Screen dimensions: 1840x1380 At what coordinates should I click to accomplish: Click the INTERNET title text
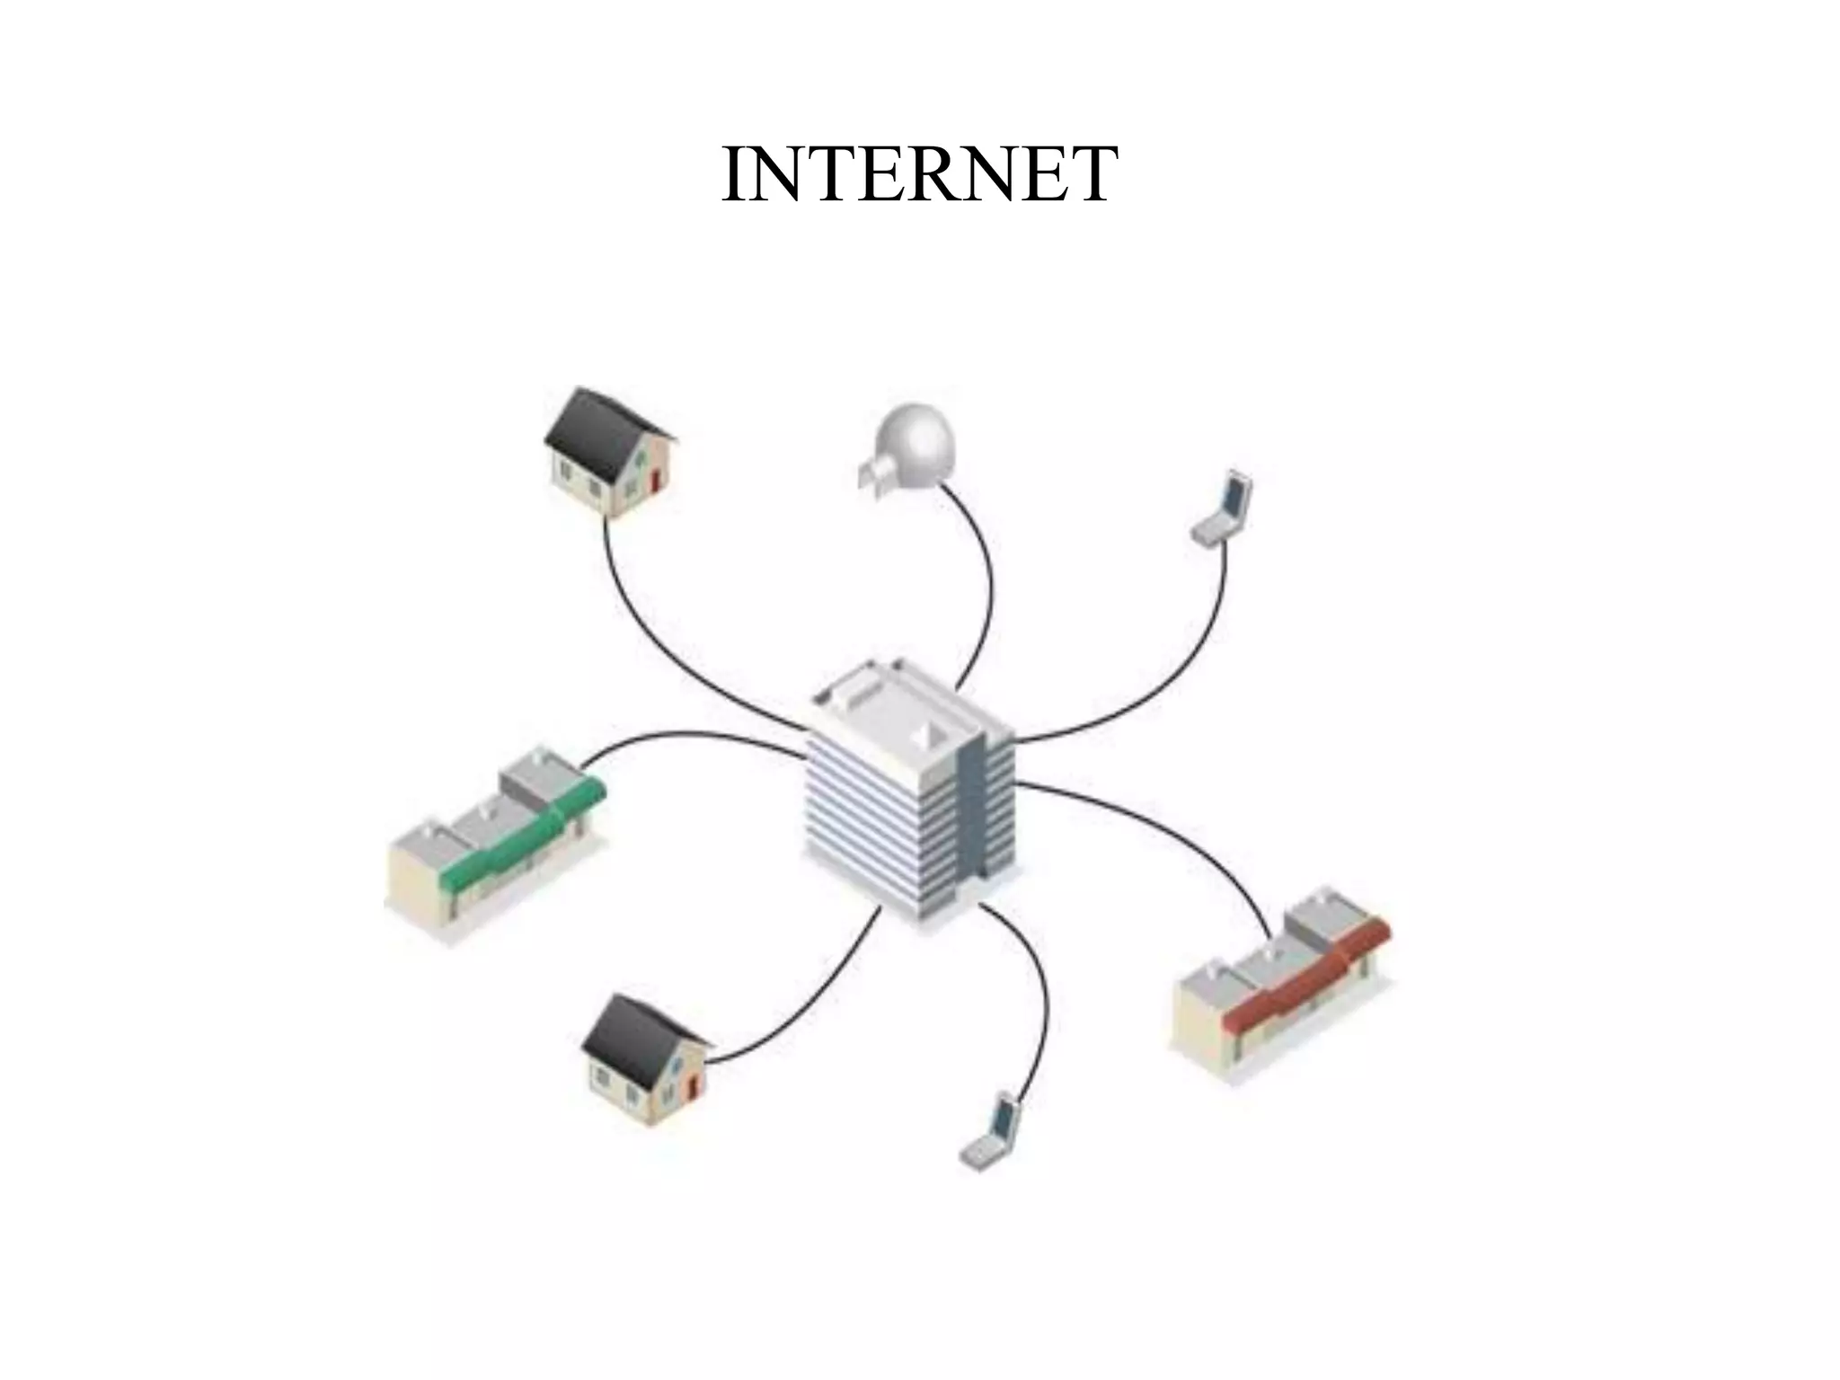[919, 173]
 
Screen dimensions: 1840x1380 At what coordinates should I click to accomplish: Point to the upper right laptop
[1225, 508]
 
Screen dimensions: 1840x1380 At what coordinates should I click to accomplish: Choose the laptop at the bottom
[992, 1131]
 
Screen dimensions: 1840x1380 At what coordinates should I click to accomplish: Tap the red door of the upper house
[655, 480]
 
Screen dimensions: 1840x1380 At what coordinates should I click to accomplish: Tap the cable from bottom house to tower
[809, 1015]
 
